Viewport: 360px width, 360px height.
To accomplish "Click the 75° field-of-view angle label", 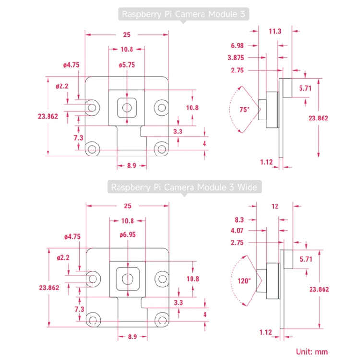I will [245, 109].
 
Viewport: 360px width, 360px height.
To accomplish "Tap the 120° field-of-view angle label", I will [244, 281].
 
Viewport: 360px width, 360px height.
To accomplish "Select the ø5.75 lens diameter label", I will [127, 65].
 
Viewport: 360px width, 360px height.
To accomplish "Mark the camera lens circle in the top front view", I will [127, 107].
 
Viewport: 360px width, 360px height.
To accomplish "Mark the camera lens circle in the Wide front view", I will [127, 278].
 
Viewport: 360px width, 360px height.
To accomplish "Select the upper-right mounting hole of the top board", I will [160, 106].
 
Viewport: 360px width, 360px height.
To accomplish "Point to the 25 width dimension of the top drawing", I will [127, 35].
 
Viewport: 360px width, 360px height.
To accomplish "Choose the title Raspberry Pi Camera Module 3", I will [184, 14].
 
